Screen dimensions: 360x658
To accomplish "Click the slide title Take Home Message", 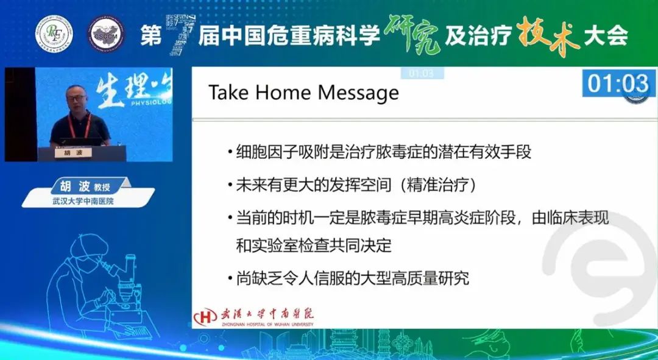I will coord(303,93).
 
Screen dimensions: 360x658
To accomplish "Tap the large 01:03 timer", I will coord(618,83).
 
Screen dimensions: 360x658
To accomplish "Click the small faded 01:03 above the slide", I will coord(421,73).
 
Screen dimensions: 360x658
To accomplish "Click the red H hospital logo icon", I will coord(205,317).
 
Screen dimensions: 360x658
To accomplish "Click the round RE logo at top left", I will coord(54,34).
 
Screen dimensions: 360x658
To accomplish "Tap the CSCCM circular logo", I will coord(105,34).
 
